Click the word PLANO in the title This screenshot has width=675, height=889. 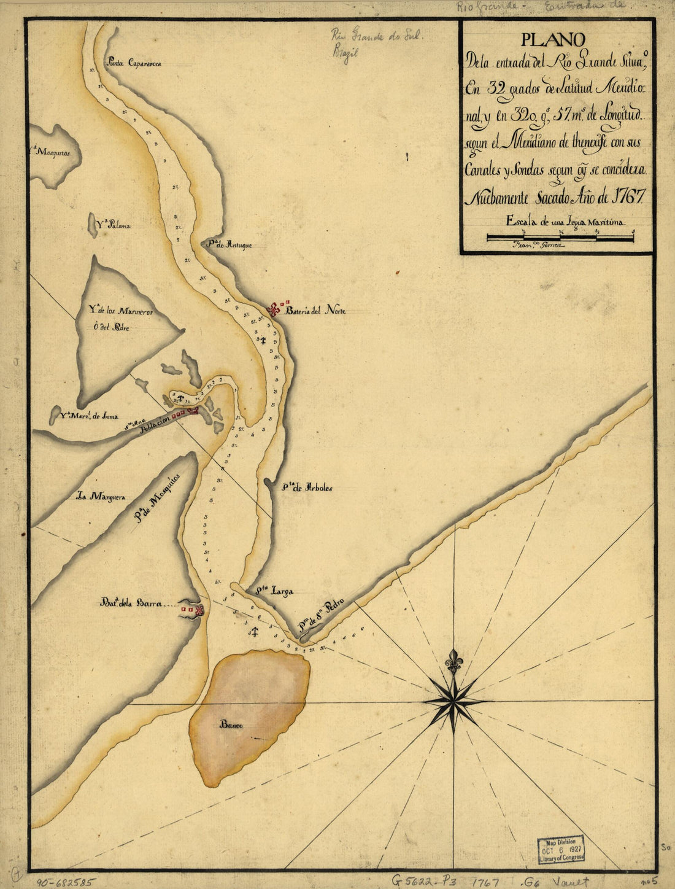pyautogui.click(x=552, y=40)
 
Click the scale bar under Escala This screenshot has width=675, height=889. pyautogui.click(x=560, y=238)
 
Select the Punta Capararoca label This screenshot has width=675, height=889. pyautogui.click(x=133, y=62)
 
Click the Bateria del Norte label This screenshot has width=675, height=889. pyautogui.click(x=319, y=311)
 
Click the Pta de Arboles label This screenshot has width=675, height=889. pyautogui.click(x=307, y=489)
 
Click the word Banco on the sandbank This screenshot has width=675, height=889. pyautogui.click(x=231, y=724)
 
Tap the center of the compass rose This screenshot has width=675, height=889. pyautogui.click(x=453, y=701)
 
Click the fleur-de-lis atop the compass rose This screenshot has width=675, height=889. pyautogui.click(x=453, y=662)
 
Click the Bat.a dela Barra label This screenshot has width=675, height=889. pyautogui.click(x=131, y=604)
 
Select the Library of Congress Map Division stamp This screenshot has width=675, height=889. pyautogui.click(x=561, y=850)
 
